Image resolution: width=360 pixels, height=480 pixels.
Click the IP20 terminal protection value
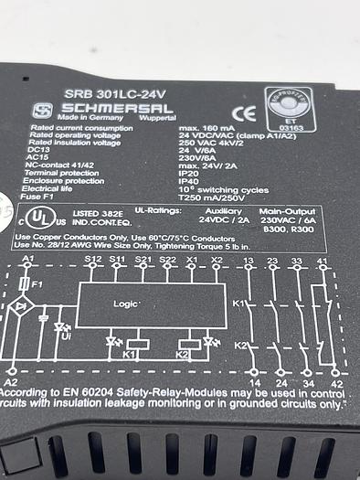click(x=190, y=171)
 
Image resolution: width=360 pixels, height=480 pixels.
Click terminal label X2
click(x=216, y=261)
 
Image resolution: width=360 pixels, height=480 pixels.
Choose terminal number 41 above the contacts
click(x=322, y=261)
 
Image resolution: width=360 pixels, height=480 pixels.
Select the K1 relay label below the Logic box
click(x=130, y=352)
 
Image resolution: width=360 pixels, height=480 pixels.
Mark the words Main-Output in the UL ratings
click(x=282, y=211)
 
